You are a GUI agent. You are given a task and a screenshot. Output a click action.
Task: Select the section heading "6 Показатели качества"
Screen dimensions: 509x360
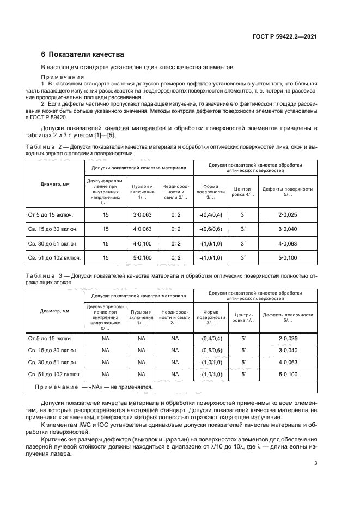82,54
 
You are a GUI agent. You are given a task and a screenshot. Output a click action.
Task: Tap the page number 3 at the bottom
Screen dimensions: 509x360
316,464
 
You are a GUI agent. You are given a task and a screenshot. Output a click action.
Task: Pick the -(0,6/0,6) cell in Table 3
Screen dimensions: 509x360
210,349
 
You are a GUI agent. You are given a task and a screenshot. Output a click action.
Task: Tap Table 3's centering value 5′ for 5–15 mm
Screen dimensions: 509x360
243,338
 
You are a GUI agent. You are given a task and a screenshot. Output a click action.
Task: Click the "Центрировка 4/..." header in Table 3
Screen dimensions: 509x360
243,317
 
